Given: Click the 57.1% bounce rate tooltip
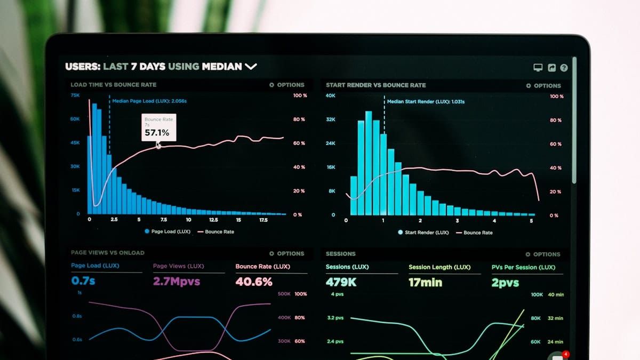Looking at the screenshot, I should (158, 128).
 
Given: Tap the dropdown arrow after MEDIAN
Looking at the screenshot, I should (251, 67).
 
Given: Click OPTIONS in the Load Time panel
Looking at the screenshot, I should (287, 85).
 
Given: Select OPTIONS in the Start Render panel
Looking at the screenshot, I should (543, 85).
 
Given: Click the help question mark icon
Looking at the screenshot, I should (564, 68).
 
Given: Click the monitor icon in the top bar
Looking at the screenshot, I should (538, 68).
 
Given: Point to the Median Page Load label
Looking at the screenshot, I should (149, 101).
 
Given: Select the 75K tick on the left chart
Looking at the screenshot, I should (75, 95).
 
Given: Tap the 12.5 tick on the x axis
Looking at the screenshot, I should (213, 220).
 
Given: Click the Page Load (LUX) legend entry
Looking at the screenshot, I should (167, 231).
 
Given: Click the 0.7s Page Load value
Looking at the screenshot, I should (83, 281).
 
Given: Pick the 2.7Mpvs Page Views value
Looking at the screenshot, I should (177, 281).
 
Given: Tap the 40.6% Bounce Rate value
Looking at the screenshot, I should (254, 282).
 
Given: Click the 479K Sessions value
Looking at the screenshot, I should (341, 282).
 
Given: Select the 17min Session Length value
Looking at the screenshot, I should (425, 283).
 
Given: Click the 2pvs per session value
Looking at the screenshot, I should (505, 283).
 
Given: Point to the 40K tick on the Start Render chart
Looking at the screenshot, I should (331, 95).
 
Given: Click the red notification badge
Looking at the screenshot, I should (566, 354).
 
